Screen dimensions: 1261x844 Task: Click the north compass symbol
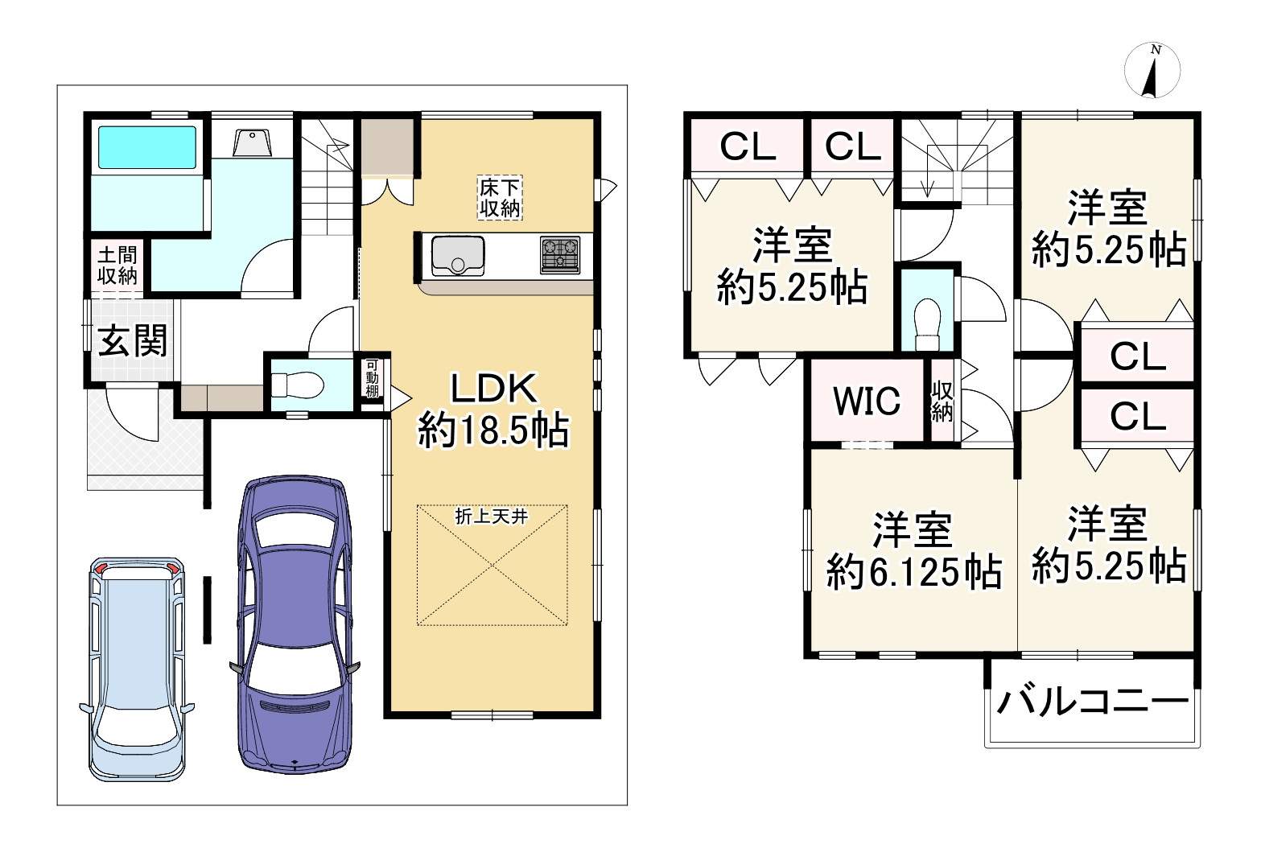tap(1152, 70)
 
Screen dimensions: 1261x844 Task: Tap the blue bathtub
tap(147, 147)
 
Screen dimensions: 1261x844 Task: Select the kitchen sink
tap(458, 256)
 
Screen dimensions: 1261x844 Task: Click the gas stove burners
tap(560, 255)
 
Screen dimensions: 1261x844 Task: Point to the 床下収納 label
tap(500, 197)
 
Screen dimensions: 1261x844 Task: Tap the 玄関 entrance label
tap(133, 340)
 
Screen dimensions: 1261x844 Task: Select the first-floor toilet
tap(297, 386)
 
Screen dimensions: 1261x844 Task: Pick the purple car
tap(295, 624)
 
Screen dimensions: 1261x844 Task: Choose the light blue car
tap(137, 669)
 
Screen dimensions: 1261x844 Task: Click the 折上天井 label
tap(492, 516)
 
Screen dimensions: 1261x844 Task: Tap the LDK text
tap(494, 389)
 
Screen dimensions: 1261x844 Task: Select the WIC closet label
tap(867, 401)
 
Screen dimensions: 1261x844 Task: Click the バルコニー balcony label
tap(1093, 702)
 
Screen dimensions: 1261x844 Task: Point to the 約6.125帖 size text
tap(913, 572)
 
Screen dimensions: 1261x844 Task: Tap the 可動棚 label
tap(372, 377)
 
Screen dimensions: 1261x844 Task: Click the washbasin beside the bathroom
tap(252, 142)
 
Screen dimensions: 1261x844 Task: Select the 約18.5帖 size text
tap(493, 430)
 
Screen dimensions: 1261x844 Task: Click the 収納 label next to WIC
tap(942, 401)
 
